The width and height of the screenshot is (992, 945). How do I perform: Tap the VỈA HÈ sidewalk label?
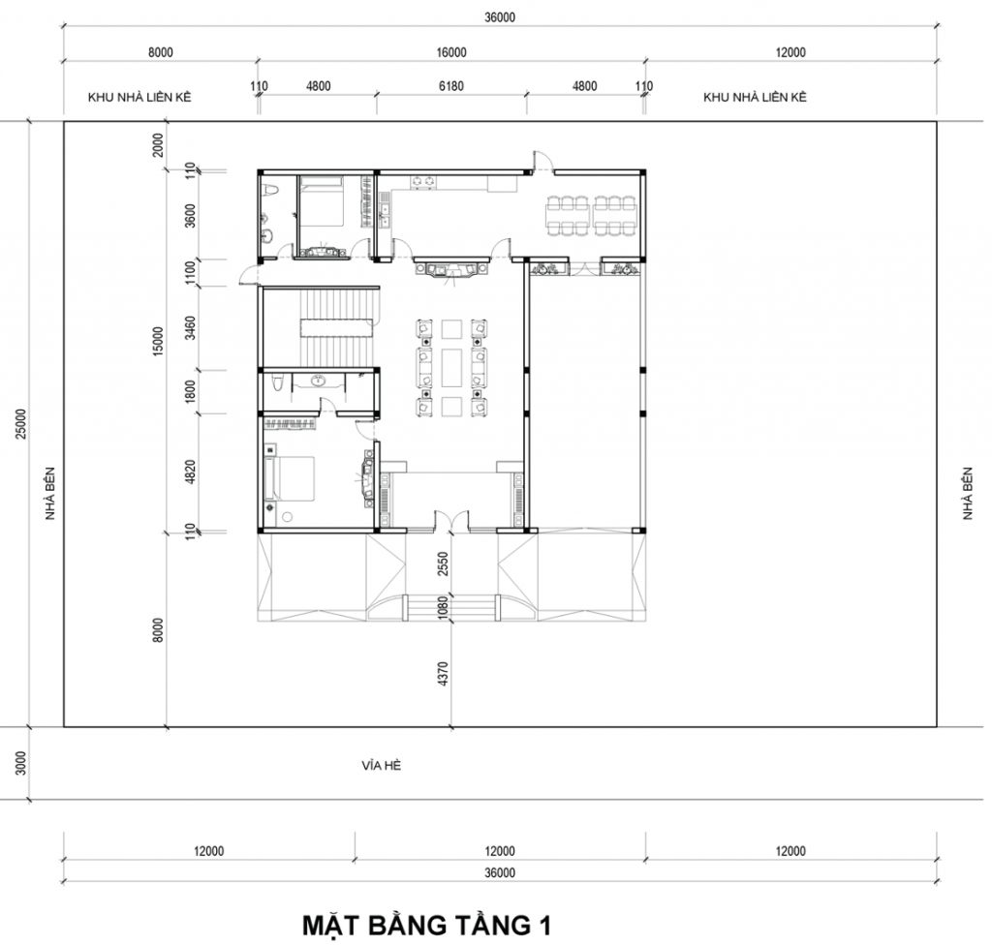click(382, 765)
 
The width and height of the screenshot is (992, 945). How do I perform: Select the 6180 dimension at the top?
click(451, 86)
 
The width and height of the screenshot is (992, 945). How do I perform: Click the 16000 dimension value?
click(451, 52)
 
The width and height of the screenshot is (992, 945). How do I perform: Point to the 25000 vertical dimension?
click(21, 423)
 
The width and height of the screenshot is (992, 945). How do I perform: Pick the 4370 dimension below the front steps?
click(443, 674)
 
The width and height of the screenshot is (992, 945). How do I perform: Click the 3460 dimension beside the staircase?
click(190, 328)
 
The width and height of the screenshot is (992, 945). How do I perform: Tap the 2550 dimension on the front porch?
click(443, 564)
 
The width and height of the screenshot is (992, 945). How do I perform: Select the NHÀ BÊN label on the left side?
click(50, 494)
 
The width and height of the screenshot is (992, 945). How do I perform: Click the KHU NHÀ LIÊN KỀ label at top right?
click(755, 98)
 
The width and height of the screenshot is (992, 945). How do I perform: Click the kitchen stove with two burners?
click(423, 182)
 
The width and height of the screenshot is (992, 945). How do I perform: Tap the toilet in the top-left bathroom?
click(270, 192)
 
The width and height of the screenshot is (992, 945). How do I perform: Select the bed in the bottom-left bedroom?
click(291, 479)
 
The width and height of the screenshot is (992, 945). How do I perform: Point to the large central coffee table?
click(452, 366)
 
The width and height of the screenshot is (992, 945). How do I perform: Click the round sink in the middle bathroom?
click(318, 381)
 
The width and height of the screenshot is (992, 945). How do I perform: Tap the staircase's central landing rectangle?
click(336, 329)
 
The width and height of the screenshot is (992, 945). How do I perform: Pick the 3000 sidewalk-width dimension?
click(21, 763)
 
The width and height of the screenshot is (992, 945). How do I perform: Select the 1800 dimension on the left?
click(190, 391)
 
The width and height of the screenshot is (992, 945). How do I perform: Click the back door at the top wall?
click(542, 162)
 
